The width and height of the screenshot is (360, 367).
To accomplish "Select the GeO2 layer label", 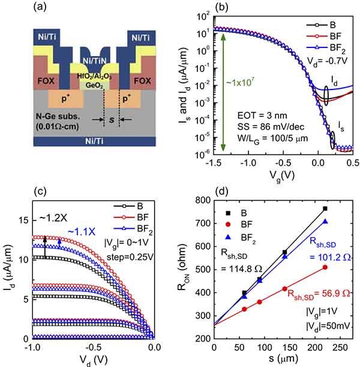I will (x=96, y=85).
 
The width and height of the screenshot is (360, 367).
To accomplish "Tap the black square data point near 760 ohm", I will (x=325, y=208).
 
